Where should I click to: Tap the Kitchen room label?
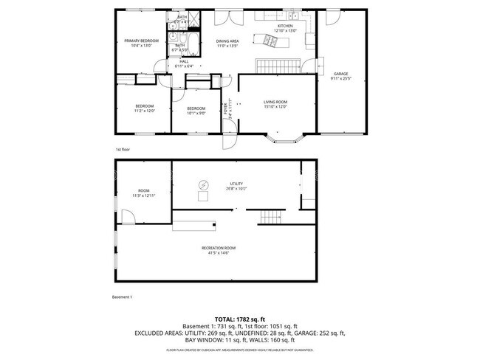pos(285,26)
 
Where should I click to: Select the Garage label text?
pos(340,74)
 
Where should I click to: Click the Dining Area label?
pos(227,41)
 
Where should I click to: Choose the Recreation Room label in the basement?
pos(219,247)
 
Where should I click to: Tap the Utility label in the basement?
pos(236,184)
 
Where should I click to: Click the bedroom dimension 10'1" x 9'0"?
pos(196,113)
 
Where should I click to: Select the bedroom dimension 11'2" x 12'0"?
pos(144,111)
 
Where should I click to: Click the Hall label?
pos(174,61)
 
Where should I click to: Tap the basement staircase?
pos(271,217)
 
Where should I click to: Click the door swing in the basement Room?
pos(127,217)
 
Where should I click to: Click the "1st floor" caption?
pos(122,149)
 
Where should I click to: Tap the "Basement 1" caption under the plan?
pos(121,297)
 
